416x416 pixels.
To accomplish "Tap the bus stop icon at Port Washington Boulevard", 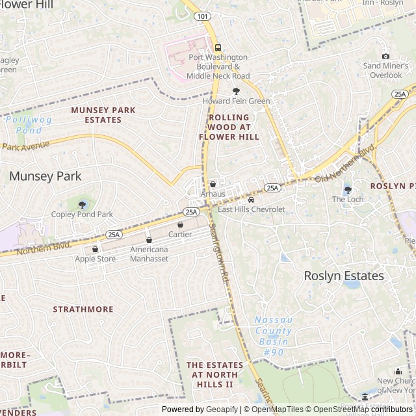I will [x=217, y=47].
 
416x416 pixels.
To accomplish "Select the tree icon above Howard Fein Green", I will [x=236, y=92].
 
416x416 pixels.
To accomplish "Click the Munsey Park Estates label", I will [x=103, y=115].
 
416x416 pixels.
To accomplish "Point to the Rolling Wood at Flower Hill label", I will [x=229, y=127].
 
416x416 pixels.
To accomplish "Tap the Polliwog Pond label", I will [x=24, y=125].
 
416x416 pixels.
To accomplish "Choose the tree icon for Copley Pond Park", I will [x=82, y=205].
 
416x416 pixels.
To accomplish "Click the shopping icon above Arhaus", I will [x=213, y=185].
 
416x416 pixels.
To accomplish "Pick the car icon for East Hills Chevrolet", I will [x=251, y=200].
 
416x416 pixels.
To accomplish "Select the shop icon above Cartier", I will [x=180, y=225].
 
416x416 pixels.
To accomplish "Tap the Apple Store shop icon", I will [x=95, y=249].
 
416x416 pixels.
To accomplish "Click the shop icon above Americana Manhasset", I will [x=149, y=240].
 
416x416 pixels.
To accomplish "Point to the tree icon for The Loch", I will [x=348, y=190].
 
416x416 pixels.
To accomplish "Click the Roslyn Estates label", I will [x=344, y=276].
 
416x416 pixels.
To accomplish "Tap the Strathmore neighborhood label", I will [x=83, y=309].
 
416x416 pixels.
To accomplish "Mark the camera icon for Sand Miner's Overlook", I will [x=385, y=57].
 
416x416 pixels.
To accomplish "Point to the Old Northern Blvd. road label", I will [x=346, y=163].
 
